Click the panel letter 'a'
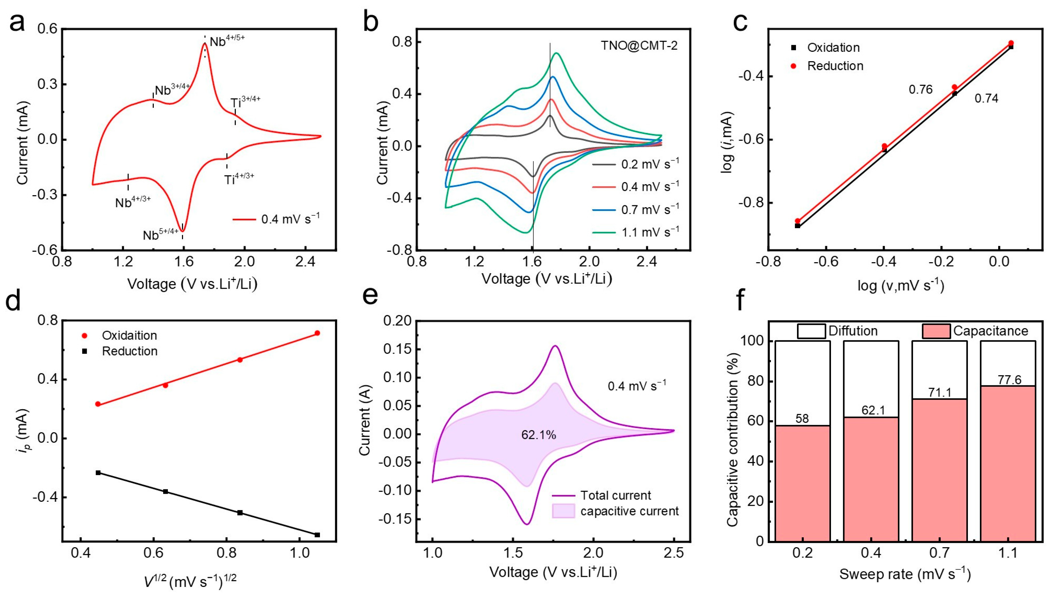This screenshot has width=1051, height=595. click(17, 23)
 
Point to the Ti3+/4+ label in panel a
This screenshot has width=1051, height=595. click(245, 101)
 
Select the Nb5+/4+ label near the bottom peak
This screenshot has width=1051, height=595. click(160, 234)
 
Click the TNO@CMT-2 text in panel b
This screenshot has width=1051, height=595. click(639, 45)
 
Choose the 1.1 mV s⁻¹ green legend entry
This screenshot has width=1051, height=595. click(649, 232)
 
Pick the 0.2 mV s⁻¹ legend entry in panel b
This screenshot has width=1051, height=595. click(649, 164)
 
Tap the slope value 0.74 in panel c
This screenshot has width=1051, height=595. click(986, 99)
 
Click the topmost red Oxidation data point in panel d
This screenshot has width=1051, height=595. click(317, 333)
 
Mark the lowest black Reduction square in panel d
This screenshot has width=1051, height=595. click(317, 534)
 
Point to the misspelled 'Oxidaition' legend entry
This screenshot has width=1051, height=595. click(129, 336)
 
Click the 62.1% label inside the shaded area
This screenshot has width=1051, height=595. click(538, 435)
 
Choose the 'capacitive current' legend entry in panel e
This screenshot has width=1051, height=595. click(629, 511)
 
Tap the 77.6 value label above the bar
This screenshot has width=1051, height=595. click(1009, 380)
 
